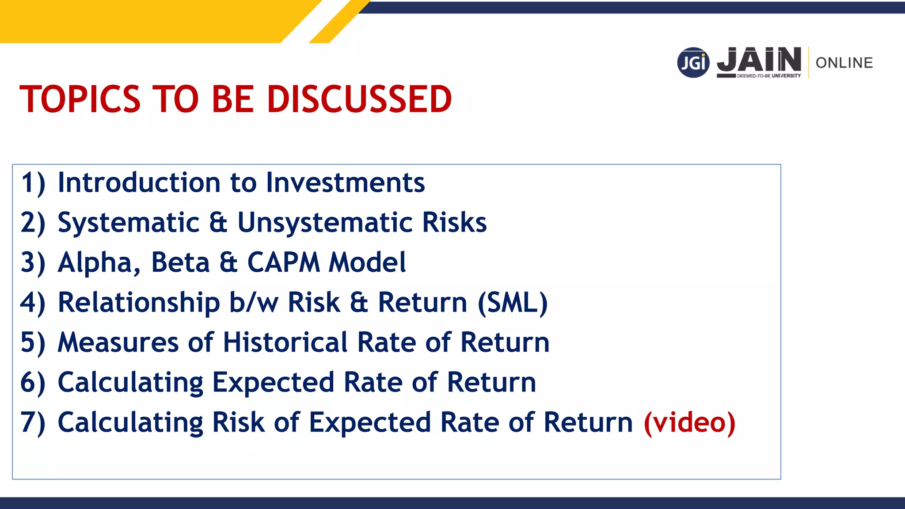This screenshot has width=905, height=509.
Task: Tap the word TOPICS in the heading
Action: click(x=80, y=99)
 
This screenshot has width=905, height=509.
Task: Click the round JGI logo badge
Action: click(x=693, y=63)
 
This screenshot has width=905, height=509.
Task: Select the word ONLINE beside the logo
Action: click(x=844, y=63)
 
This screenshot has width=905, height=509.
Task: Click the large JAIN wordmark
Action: click(x=759, y=60)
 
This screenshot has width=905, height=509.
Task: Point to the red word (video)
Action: click(x=689, y=422)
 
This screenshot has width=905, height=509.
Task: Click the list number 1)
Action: click(x=33, y=183)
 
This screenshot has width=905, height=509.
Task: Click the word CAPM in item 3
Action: click(x=283, y=262)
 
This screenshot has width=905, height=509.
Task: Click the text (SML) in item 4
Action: click(x=513, y=303)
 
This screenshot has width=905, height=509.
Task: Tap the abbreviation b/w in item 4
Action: click(x=254, y=303)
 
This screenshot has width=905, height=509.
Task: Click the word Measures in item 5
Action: click(x=118, y=342)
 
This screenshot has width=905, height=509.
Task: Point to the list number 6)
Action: click(x=33, y=383)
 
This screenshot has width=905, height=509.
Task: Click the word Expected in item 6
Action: click(x=273, y=383)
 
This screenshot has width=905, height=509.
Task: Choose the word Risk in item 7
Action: click(x=238, y=422)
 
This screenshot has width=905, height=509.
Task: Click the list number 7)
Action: click(x=33, y=422)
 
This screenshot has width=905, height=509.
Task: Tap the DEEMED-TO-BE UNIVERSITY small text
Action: click(x=768, y=76)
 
